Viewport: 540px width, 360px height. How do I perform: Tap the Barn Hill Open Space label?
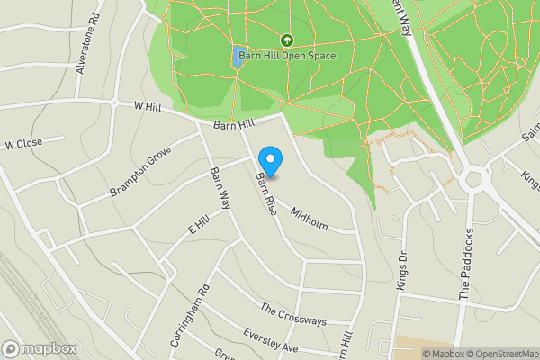(x=286, y=56)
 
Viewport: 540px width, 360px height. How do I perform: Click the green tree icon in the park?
(x=287, y=40)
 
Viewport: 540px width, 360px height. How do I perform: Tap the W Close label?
(x=23, y=144)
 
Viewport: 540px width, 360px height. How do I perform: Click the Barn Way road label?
(x=220, y=186)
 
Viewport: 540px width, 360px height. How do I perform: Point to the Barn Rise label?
(x=264, y=193)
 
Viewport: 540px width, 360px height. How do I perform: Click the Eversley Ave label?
(x=270, y=339)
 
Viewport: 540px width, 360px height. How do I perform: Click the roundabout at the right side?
(x=473, y=180)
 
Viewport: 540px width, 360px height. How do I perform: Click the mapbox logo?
(x=40, y=348)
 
